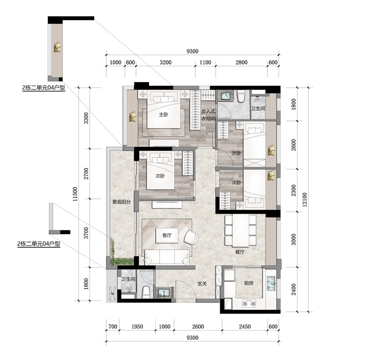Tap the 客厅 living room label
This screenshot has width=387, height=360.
click(x=167, y=235)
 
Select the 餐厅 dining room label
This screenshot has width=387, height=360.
click(x=239, y=252)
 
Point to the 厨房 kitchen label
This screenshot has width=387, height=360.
click(x=249, y=283)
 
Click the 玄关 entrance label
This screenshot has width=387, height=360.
click(x=202, y=284)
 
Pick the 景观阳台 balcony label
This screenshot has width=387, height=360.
click(x=121, y=202)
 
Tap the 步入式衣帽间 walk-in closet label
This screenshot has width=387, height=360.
click(x=208, y=115)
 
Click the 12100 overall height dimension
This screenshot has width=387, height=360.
click(x=305, y=199)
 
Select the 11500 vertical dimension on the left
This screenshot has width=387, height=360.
click(x=75, y=194)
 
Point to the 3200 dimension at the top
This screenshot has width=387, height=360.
click(x=165, y=62)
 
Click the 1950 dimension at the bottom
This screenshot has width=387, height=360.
click(x=137, y=327)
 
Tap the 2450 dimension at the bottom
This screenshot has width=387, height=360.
click(x=245, y=327)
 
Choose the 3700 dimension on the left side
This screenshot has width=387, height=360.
click(x=86, y=233)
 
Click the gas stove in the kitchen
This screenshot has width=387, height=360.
click(x=249, y=304)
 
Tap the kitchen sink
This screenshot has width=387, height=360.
click(x=271, y=284)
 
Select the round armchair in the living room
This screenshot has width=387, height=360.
click(x=191, y=238)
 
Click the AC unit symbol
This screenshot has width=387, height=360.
click(x=113, y=293)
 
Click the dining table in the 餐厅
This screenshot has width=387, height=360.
click(x=240, y=231)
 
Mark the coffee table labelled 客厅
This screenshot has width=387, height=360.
click(x=167, y=236)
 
